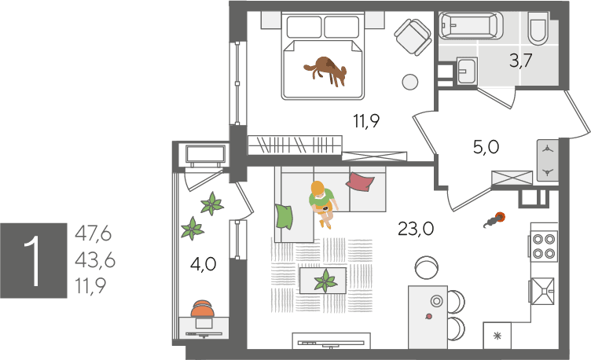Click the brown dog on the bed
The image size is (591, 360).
point(325,71)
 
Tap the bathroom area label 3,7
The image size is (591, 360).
point(520,61)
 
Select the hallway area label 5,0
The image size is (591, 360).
point(486,147)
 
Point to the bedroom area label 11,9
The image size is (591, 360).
point(366,121)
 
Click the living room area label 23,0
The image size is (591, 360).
point(416,229)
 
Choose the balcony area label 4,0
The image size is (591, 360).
point(203,264)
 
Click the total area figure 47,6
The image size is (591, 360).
point(93,233)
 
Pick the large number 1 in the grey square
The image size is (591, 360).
point(33,260)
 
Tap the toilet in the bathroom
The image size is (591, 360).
point(538,28)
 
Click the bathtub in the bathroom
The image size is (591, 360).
point(471,25)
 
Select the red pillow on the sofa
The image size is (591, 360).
point(360,182)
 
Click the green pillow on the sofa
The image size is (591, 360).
point(284,216)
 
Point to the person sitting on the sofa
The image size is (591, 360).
point(322,203)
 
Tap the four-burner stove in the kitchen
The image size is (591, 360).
point(544,246)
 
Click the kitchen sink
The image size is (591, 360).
point(543,291)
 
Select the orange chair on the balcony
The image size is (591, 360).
point(203,309)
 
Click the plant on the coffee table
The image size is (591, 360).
point(325,281)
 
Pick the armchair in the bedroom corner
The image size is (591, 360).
point(413,36)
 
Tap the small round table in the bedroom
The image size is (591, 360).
point(409,82)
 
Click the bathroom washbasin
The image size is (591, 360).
point(467,71)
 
